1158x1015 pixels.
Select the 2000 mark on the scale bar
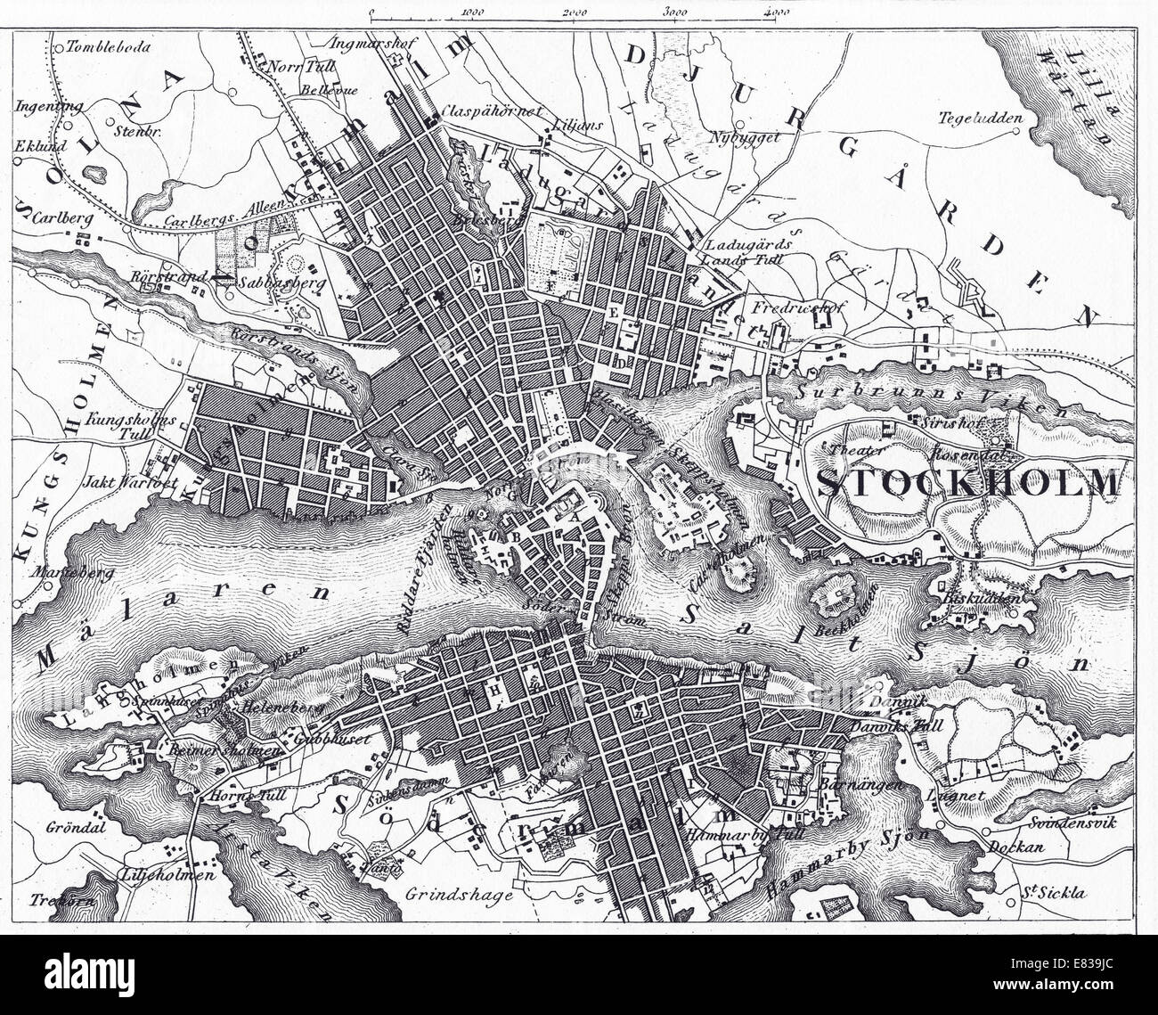pos(575,13)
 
